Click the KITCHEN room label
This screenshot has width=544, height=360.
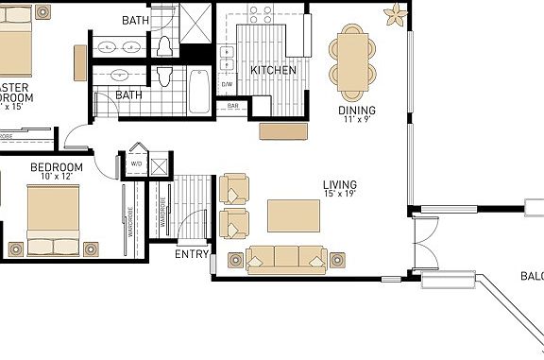tap(273, 70)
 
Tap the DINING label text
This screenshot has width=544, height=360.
tap(356, 111)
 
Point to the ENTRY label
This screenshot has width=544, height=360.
tap(192, 254)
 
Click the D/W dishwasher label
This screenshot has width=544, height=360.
tap(227, 85)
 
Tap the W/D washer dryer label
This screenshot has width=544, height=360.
tap(136, 163)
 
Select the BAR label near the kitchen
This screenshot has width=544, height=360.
tap(232, 107)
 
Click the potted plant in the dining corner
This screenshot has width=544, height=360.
tap(395, 14)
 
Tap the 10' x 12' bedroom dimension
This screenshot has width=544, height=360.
tap(56, 178)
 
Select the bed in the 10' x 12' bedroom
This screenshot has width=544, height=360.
tap(55, 221)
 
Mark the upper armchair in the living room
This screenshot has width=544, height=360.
tap(233, 189)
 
